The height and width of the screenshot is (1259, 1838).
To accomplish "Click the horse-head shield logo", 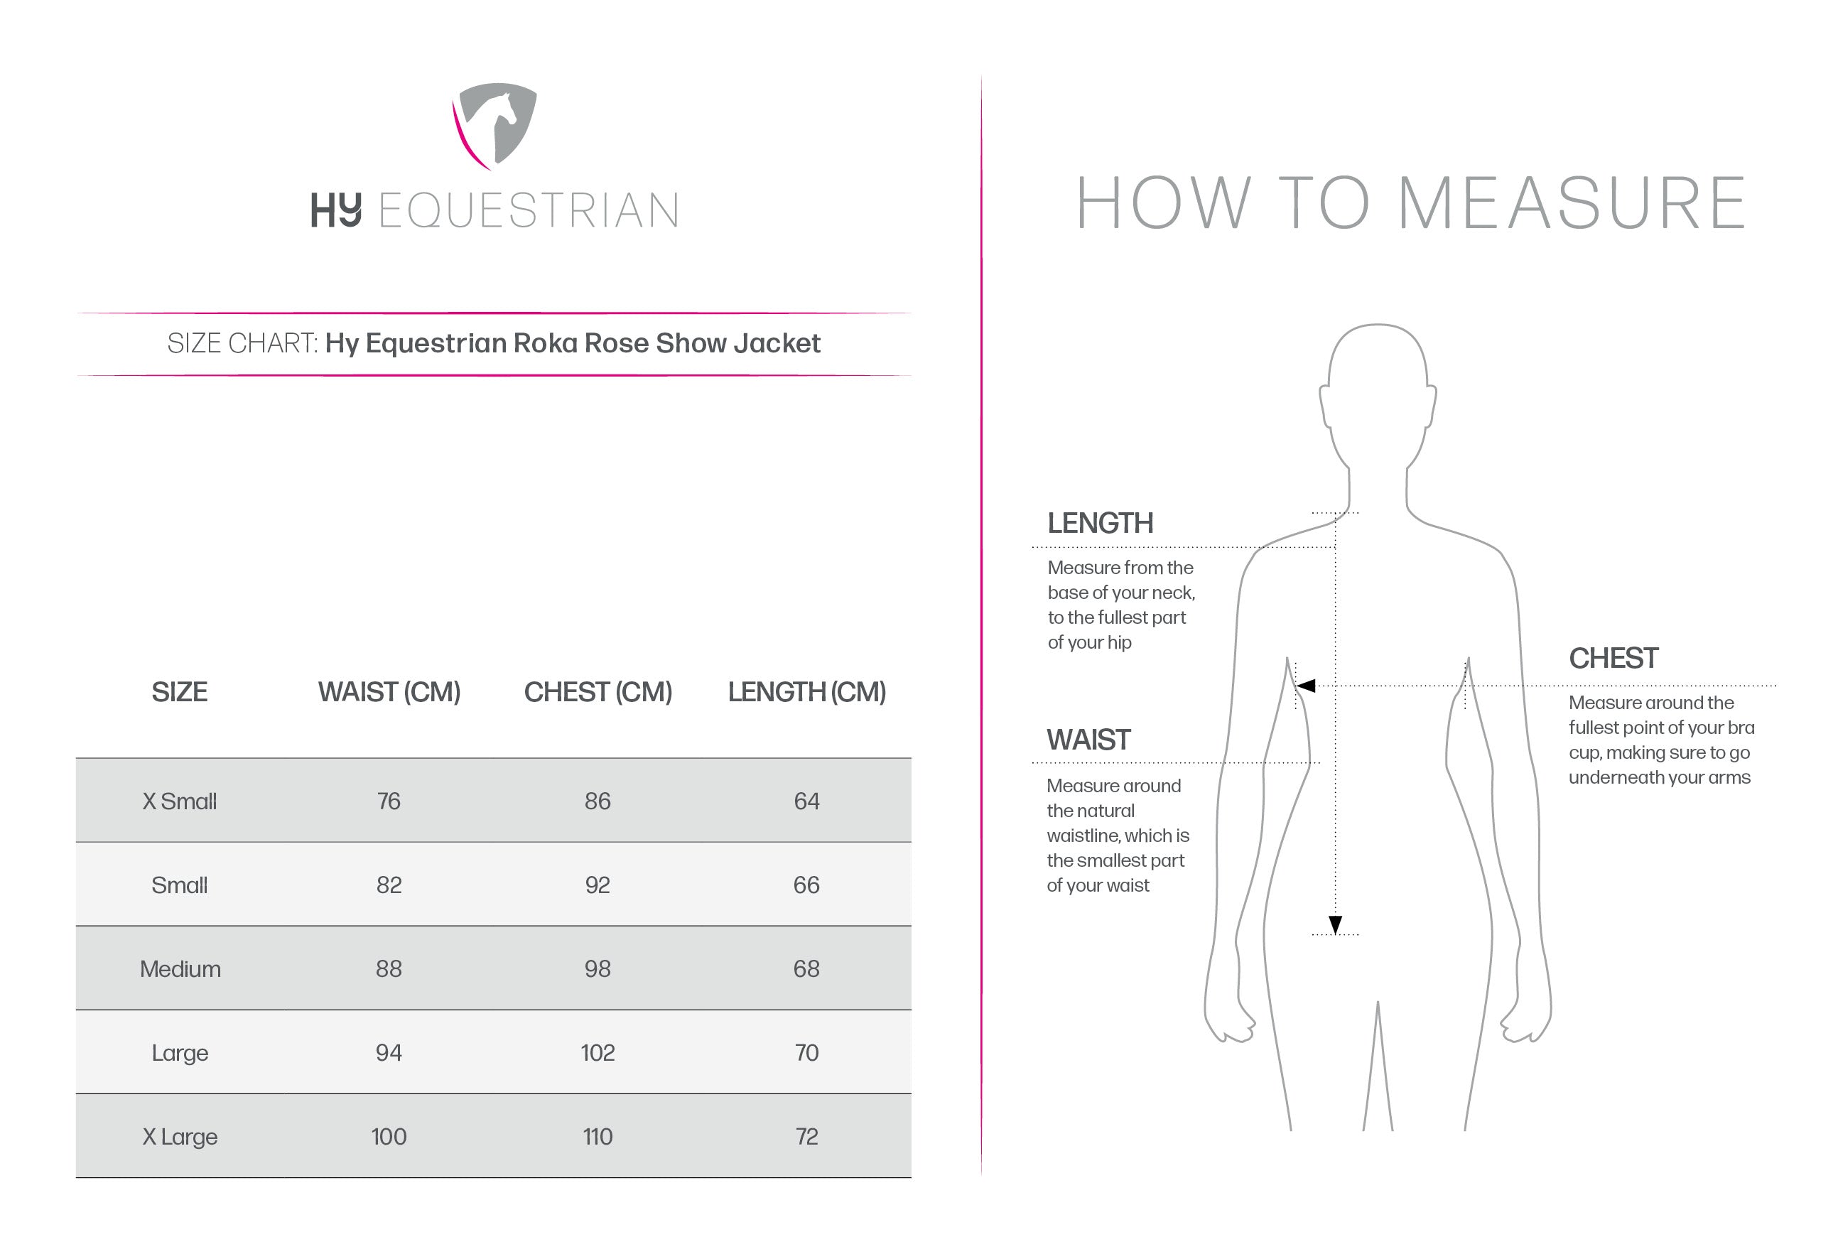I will point(496,125).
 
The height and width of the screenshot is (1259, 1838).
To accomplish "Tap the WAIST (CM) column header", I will point(389,692).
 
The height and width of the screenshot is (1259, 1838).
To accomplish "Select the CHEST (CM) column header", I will point(598,692).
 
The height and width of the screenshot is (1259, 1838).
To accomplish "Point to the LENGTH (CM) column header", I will point(806,692).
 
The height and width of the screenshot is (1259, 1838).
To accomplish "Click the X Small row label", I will point(180,801).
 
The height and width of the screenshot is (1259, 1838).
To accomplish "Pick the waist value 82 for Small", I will point(389,885).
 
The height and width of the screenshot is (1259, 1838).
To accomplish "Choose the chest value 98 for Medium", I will point(598,969).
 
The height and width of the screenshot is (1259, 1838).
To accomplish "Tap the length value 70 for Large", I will point(806,1052).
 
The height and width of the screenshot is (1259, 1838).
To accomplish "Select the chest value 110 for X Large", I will point(598,1136).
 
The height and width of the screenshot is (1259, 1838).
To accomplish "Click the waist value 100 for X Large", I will point(389,1136).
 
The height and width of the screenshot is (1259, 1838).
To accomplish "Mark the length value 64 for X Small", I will point(806,801).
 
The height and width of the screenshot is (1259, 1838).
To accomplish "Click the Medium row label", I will point(180,969).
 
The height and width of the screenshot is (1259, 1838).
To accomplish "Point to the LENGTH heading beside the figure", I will point(1100,523).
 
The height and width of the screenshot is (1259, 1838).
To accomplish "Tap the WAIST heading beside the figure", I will point(1088,740).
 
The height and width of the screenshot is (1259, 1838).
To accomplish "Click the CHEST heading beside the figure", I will point(1613,658).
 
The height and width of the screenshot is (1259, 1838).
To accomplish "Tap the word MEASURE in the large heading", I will point(1572,203).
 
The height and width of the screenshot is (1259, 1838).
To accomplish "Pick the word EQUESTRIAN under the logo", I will point(529,210).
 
